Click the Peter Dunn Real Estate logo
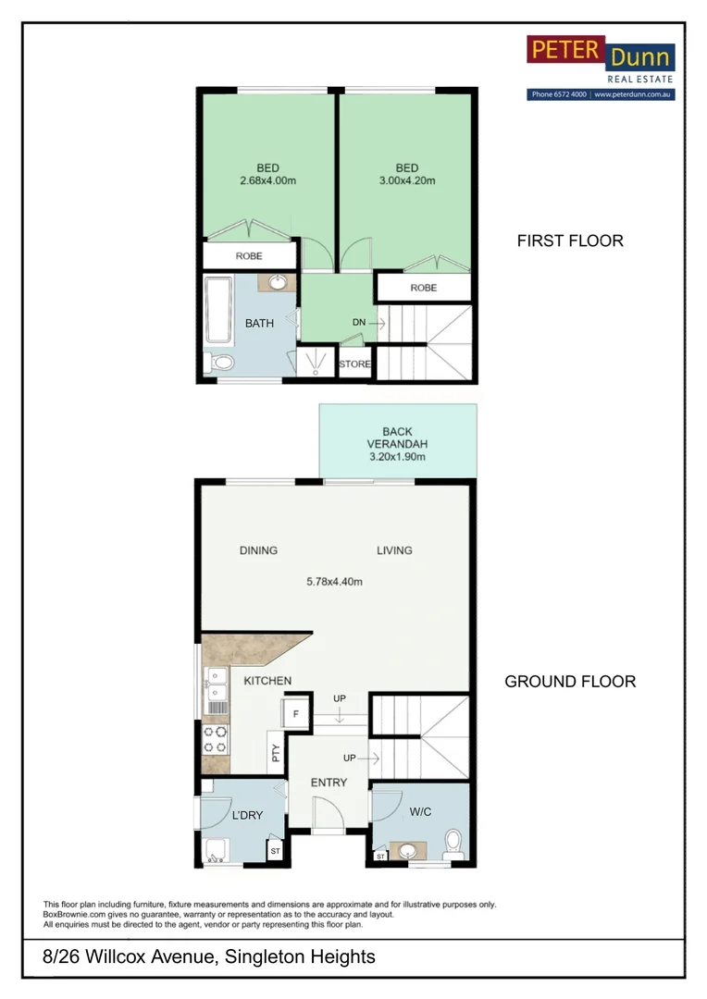601,60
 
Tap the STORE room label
354,364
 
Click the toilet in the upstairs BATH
219,363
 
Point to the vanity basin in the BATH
277,282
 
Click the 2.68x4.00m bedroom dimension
267,181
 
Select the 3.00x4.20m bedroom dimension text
407,181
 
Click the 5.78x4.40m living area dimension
333,582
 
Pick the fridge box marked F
296,714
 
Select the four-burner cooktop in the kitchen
215,739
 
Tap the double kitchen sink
216,683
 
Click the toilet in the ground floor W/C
453,844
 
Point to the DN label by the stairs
359,322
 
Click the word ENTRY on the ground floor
329,783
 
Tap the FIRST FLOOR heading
570,240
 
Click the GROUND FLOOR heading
570,682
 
